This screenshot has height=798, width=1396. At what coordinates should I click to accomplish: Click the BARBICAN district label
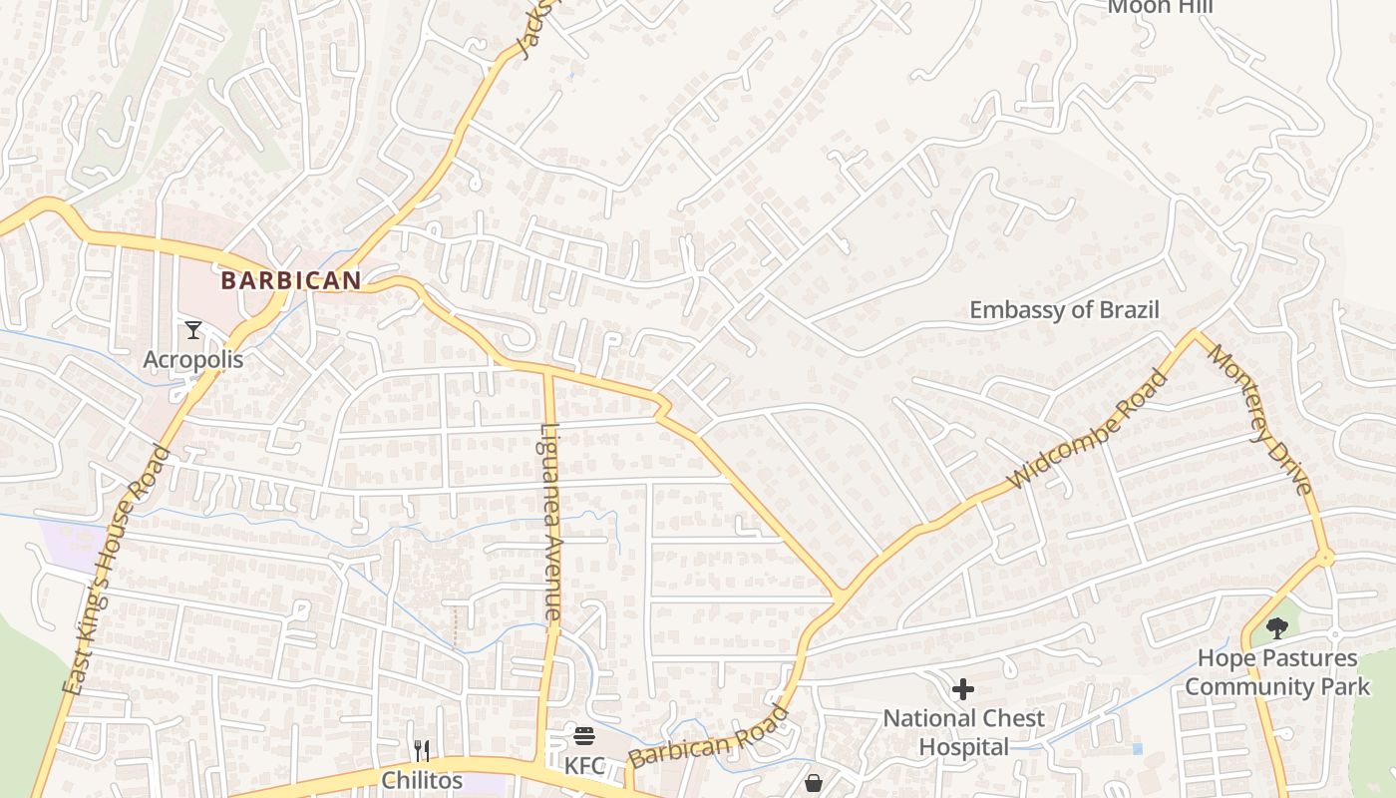click(290, 281)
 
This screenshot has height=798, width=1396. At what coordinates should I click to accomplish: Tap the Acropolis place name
click(193, 359)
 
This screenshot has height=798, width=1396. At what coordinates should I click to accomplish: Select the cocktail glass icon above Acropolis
click(193, 329)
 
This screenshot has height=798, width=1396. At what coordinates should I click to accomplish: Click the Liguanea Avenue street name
click(550, 523)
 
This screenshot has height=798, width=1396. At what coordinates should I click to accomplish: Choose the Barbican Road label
click(709, 738)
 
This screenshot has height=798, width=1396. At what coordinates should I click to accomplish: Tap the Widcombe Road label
click(1087, 430)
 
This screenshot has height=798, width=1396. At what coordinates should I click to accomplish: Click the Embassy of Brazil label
click(1065, 310)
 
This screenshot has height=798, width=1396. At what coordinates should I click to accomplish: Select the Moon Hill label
click(1162, 7)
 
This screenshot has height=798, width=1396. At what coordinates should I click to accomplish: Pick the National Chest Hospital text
click(963, 732)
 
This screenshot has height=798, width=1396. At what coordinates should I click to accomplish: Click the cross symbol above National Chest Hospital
click(963, 688)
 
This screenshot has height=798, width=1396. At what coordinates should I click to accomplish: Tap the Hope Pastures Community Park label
click(1277, 672)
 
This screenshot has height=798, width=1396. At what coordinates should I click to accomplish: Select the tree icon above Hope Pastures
click(1276, 627)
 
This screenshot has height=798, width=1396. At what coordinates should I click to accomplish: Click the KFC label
click(585, 766)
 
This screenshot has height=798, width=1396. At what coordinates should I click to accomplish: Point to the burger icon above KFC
click(584, 736)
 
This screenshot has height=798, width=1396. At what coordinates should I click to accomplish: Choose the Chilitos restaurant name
click(423, 779)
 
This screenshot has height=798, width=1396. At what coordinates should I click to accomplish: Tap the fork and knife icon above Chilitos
click(422, 750)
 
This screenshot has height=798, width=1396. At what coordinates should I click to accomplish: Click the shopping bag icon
click(814, 783)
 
